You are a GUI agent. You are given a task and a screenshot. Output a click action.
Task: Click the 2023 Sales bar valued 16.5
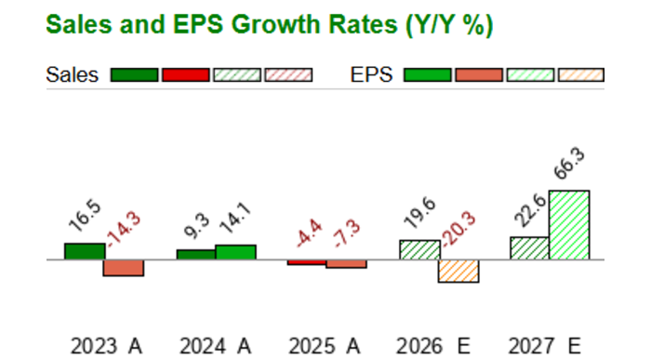(x=85, y=251)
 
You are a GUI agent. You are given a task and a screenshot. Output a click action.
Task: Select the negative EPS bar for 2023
(x=123, y=268)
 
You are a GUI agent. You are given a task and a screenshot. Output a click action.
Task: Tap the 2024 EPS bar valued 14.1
(x=235, y=252)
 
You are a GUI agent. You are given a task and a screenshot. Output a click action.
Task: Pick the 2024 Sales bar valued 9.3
(x=195, y=254)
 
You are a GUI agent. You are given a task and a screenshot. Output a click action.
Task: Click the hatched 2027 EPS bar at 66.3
(x=569, y=225)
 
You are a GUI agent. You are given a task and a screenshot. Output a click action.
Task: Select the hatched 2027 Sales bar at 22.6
(x=529, y=248)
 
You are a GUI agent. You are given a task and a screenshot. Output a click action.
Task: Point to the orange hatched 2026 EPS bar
(x=458, y=271)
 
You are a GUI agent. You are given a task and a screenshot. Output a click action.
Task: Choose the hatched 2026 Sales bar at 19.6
(x=418, y=250)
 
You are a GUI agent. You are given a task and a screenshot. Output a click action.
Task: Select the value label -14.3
(x=123, y=229)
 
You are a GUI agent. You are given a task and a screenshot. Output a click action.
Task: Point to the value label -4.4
(x=307, y=232)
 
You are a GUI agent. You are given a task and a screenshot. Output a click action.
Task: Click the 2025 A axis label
(x=326, y=346)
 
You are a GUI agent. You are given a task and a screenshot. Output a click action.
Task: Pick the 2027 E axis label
(x=547, y=346)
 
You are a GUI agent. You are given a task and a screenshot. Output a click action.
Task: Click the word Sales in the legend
(x=73, y=75)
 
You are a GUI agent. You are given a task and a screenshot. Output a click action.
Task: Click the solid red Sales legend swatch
(x=185, y=75)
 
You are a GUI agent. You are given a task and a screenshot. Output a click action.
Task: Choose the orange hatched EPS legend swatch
(x=580, y=75)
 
